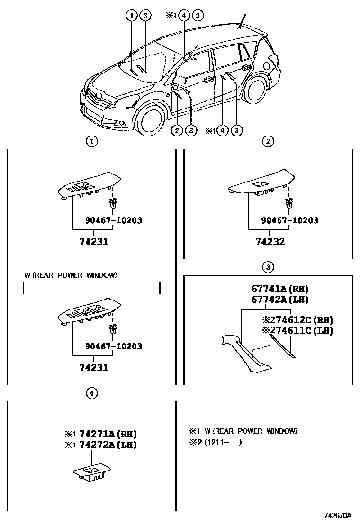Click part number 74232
pos(270,242)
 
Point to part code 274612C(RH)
pos(298,320)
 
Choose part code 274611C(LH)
pos(298,331)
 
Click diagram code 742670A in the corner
pos(338,516)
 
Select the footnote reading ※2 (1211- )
pos(216,444)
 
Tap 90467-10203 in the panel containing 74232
pos(290,220)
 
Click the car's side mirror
pos(180,80)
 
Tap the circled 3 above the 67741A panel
pos(268,267)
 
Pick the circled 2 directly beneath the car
pos(177,130)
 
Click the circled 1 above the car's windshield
pos(131,16)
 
